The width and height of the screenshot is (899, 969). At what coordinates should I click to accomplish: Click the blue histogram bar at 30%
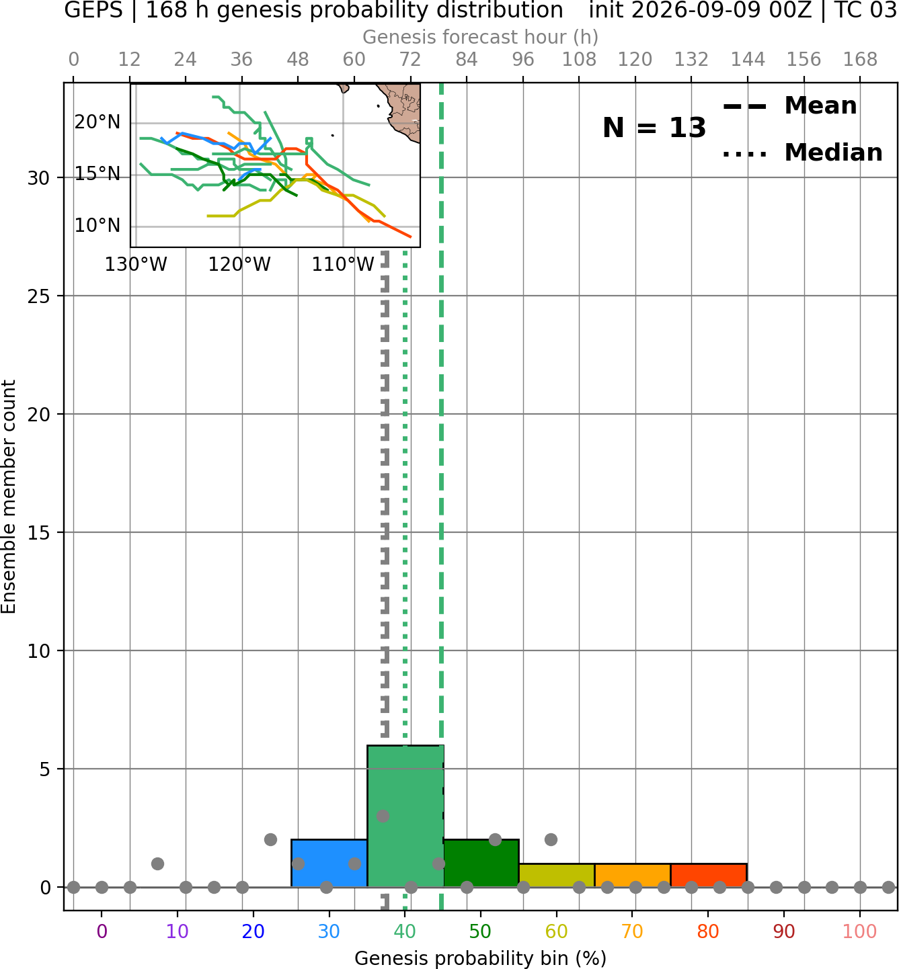click(x=329, y=863)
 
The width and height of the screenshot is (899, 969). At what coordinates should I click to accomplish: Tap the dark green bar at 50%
click(x=481, y=863)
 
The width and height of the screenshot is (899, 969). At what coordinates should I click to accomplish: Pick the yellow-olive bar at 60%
click(x=557, y=876)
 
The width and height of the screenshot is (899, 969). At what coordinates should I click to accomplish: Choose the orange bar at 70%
click(x=633, y=876)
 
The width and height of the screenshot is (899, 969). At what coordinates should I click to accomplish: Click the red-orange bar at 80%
click(x=709, y=876)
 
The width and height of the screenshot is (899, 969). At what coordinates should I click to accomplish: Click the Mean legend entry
click(x=790, y=106)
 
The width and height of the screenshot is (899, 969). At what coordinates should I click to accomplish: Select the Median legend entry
click(x=803, y=153)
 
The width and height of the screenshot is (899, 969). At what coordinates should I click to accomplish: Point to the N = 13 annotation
click(x=654, y=128)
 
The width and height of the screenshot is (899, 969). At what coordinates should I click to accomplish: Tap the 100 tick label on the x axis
click(x=860, y=931)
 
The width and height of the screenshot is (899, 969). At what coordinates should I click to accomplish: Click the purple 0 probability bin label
click(x=102, y=931)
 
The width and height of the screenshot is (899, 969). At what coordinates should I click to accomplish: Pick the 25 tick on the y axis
click(x=39, y=296)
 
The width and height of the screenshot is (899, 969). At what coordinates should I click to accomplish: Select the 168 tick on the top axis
click(x=860, y=60)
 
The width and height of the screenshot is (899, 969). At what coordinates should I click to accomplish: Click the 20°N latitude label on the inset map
click(x=97, y=122)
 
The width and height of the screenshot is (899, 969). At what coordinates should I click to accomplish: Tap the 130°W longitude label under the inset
click(x=136, y=265)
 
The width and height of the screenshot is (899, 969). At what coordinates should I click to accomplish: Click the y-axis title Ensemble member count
click(x=8, y=497)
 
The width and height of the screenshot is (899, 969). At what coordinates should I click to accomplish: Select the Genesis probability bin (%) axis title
click(x=481, y=958)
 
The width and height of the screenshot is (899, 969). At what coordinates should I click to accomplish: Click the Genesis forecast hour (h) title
click(x=481, y=37)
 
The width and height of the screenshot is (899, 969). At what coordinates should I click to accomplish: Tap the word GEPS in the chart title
click(x=93, y=10)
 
